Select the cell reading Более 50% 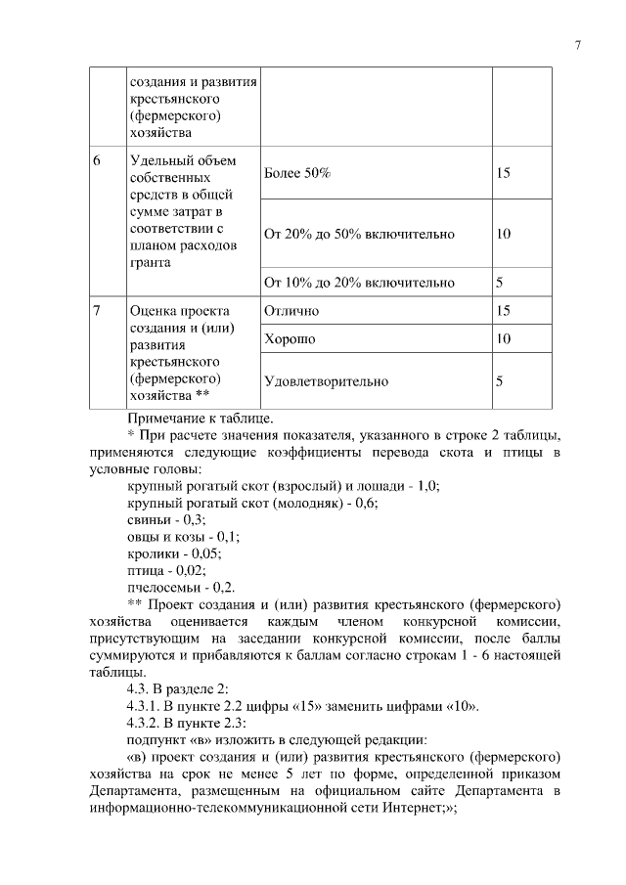(x=297, y=173)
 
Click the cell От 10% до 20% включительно (x=359, y=283)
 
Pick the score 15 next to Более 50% (x=504, y=173)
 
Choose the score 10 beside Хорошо (x=504, y=339)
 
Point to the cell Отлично (x=291, y=311)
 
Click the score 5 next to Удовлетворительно (x=499, y=381)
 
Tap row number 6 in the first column (x=97, y=159)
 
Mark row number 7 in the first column (x=97, y=311)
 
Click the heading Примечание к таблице (x=201, y=419)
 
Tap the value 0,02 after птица (x=190, y=570)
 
